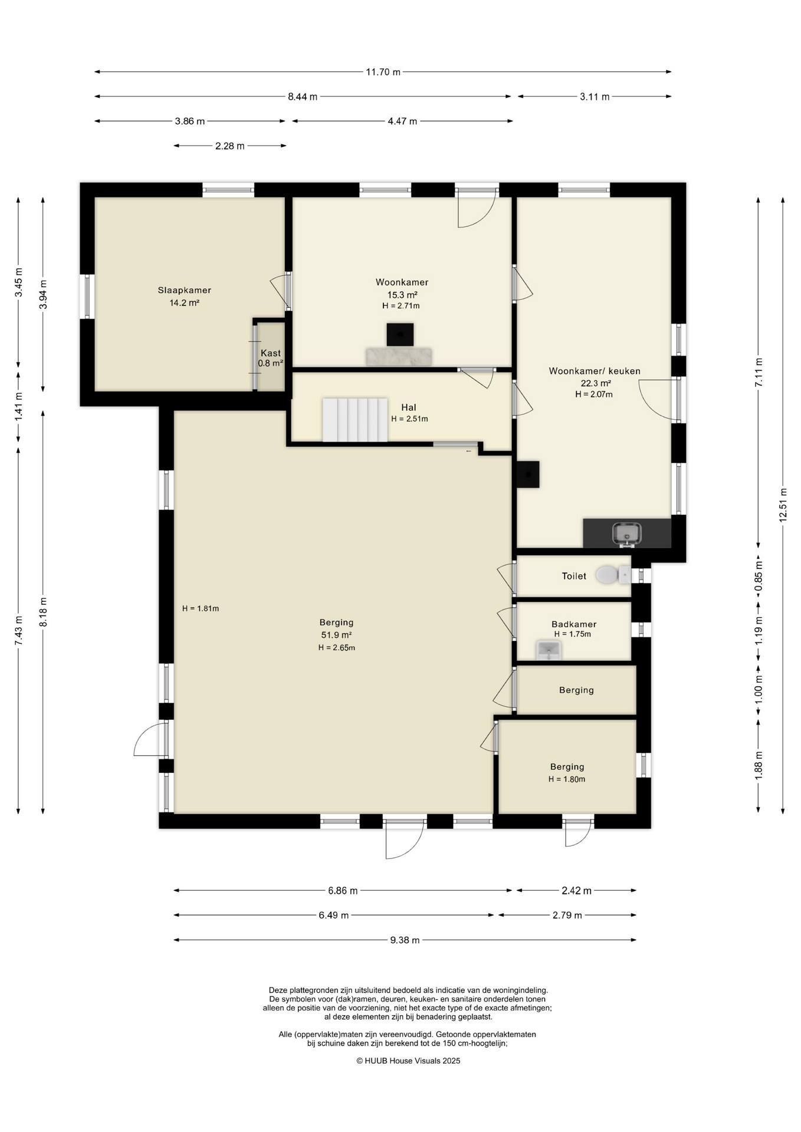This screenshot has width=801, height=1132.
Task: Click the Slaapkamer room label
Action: point(184,290)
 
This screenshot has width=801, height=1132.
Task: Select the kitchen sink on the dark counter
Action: point(626,534)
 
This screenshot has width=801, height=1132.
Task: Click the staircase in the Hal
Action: point(354,420)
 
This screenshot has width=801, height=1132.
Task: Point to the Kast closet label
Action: point(271,353)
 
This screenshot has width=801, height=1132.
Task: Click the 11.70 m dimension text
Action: point(383,72)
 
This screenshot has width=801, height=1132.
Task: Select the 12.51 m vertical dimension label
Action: point(783,505)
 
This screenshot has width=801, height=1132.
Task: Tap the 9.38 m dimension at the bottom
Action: point(405,940)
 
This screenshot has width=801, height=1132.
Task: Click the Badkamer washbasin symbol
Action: point(549,650)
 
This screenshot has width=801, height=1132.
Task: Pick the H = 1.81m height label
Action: point(201,608)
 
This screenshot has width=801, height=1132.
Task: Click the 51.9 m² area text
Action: point(336,635)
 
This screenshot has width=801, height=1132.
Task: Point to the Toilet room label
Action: point(574,576)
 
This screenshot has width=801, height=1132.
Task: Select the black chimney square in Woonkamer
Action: point(400,334)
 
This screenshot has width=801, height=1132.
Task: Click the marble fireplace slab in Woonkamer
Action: point(399,356)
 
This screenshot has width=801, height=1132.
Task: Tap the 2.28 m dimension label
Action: point(229,146)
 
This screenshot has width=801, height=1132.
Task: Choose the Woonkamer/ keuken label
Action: point(595,371)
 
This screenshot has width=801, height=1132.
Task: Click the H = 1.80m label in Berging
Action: point(567,779)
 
